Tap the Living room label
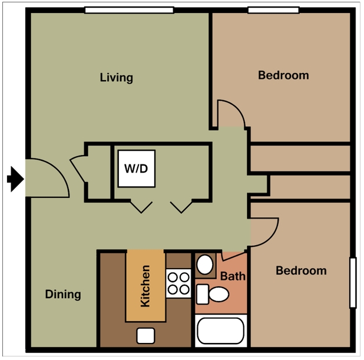(x=116, y=78)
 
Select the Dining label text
(x=63, y=295)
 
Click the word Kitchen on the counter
(x=145, y=286)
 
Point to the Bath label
(x=233, y=276)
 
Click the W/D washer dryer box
(x=136, y=169)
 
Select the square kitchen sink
(x=145, y=335)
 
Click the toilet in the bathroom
(x=214, y=293)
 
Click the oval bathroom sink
(x=206, y=265)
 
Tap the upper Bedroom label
(x=283, y=75)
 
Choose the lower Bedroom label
(x=301, y=271)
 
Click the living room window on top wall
(x=129, y=9)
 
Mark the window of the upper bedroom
(x=272, y=9)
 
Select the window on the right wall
(x=353, y=282)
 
